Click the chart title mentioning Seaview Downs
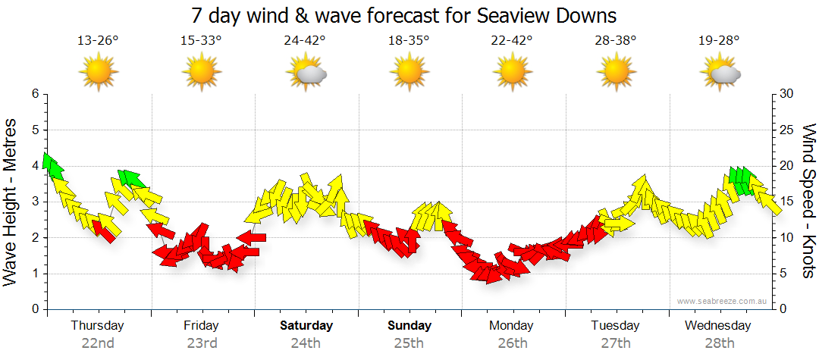pos(403,15)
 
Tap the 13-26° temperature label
pos(98,41)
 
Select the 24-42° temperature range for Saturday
pos(306,41)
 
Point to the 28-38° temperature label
pos(616,41)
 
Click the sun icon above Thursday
pos(99,73)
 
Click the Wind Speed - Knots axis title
pos(808,202)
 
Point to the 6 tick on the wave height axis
pos(34,94)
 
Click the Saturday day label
pos(306,326)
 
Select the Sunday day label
pos(409,326)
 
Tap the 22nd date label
pos(98,343)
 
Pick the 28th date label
pos(720,343)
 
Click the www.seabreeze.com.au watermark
pos(723,301)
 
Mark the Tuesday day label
pos(616,326)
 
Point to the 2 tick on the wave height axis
pos(34,238)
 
